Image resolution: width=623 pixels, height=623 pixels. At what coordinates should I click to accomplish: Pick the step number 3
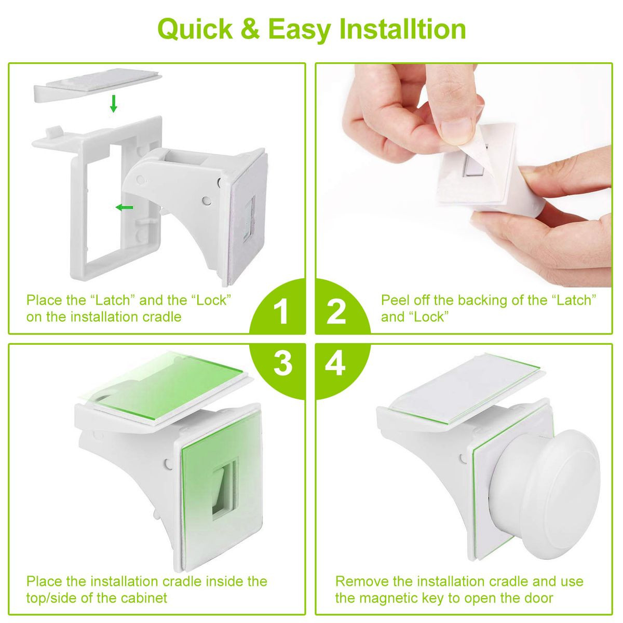click(x=282, y=364)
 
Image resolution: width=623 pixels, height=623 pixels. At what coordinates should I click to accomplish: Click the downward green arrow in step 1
click(x=113, y=103)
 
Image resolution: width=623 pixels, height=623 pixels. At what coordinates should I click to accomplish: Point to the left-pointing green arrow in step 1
click(x=124, y=208)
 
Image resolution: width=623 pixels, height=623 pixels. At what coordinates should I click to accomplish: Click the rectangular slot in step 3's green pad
click(x=223, y=485)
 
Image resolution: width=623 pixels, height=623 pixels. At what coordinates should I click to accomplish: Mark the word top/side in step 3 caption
click(x=50, y=598)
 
